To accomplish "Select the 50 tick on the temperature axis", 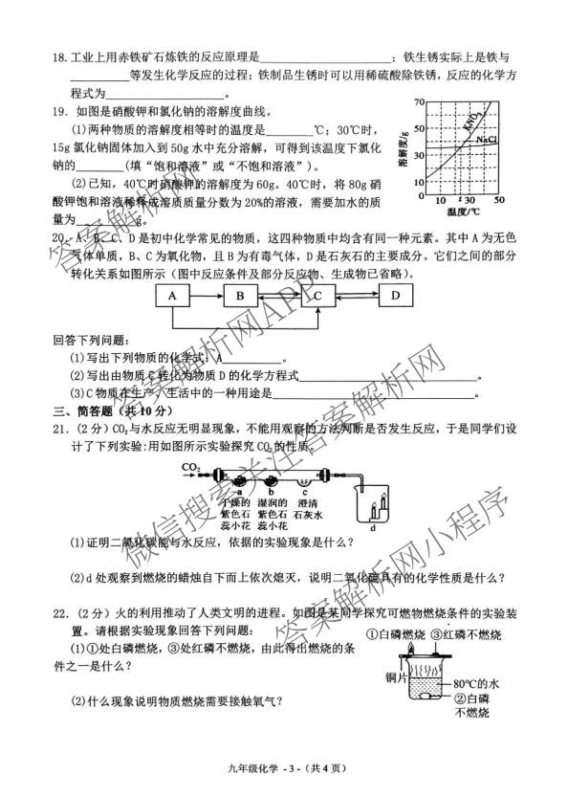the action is (x=499, y=200).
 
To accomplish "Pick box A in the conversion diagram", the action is (x=172, y=297).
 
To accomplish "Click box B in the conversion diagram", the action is (x=240, y=297).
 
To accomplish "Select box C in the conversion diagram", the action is (x=317, y=297).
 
